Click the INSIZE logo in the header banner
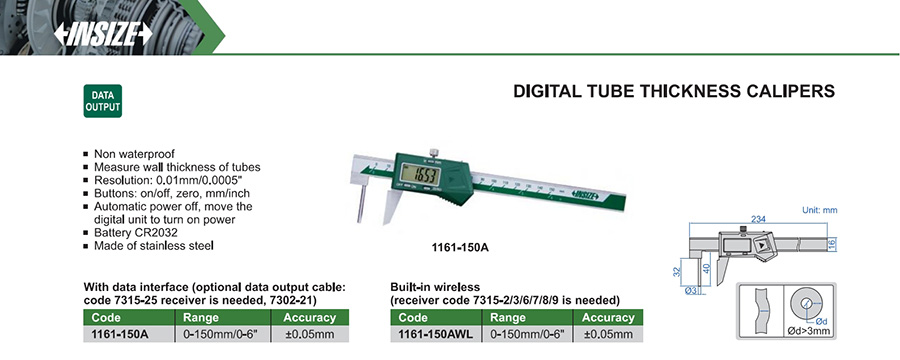click(103, 34)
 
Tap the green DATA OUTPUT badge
click(103, 101)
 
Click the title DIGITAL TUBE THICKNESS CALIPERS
click(674, 91)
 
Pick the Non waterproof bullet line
click(134, 154)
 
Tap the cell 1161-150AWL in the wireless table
click(436, 334)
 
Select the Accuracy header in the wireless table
click(608, 317)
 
